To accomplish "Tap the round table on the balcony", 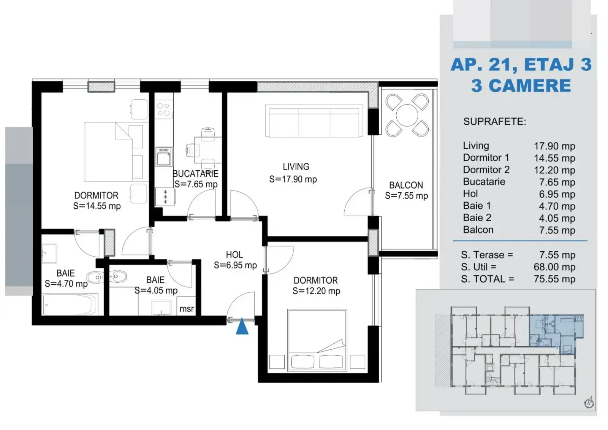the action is point(407,115).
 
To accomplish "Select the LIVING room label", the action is point(296,167).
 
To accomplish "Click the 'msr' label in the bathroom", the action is point(187,309).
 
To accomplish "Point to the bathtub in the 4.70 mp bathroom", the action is point(70,305).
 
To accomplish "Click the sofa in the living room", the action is point(314,121).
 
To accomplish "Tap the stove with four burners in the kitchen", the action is point(164,109).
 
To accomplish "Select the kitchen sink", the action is point(164,157).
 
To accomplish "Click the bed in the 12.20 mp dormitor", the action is point(317,340).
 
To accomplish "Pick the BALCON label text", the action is point(406,185).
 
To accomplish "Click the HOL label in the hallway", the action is point(234,255).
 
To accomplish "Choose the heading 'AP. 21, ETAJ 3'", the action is point(521,65).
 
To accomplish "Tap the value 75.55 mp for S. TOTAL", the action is point(554,279).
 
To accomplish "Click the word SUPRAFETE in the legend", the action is point(494,122).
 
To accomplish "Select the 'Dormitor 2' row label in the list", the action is point(486,170).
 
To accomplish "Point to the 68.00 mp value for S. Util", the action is point(554,267).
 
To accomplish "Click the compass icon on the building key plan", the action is point(589,403).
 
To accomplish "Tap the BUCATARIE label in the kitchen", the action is point(195,174).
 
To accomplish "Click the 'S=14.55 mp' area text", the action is point(97,206).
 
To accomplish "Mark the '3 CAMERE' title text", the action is point(521,86).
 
